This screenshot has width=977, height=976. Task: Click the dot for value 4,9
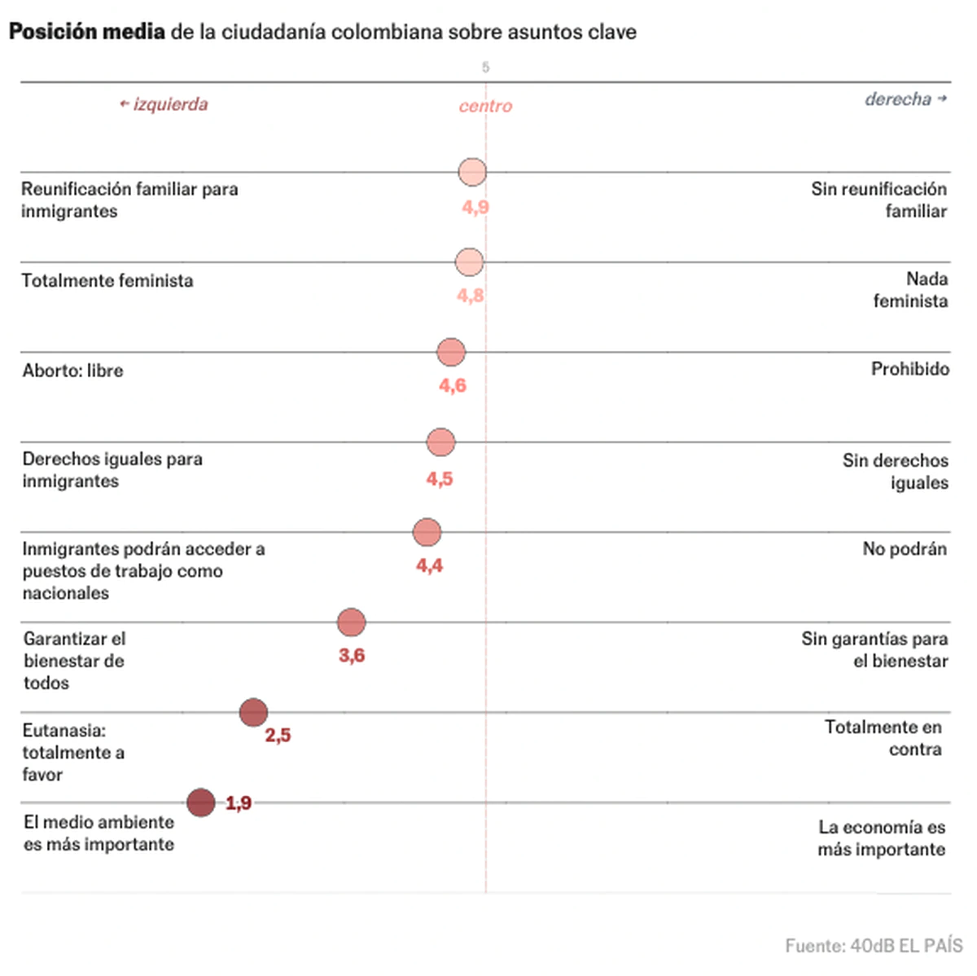point(472,172)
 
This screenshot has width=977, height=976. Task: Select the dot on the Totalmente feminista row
point(469,262)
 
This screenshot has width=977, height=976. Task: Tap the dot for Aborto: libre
point(451,352)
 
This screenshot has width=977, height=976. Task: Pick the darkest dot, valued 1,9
point(201,802)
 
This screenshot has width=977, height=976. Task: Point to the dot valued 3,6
point(351,622)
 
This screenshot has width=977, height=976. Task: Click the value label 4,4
point(429,565)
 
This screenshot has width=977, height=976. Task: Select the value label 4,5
point(440,479)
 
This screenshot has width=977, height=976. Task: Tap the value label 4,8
point(470,296)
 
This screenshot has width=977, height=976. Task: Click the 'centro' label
point(485,106)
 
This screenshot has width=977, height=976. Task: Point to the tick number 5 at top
point(486,68)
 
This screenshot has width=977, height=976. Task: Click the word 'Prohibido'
point(909,369)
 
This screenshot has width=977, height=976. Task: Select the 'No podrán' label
point(904,549)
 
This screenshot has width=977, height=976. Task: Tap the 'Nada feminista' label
point(910,290)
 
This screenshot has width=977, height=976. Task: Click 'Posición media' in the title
point(86,32)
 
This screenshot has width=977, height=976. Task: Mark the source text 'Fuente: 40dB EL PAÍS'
point(874,946)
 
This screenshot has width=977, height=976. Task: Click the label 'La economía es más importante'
point(882,838)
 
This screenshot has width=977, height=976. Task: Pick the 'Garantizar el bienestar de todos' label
point(74,661)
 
